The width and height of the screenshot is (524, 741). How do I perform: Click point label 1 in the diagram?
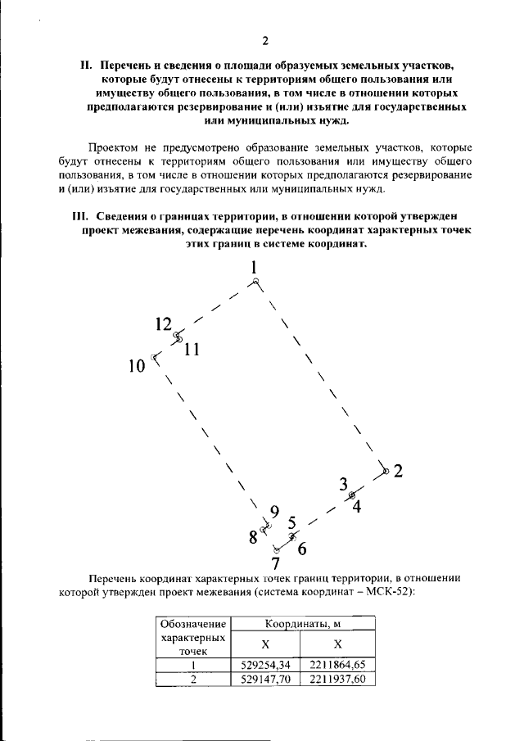click(255, 267)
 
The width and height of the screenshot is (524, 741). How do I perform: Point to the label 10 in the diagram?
click(137, 365)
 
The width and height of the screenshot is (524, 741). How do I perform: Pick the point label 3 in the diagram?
click(344, 483)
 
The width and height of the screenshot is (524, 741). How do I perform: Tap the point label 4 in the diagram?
click(357, 505)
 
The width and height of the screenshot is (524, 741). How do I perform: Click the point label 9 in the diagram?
click(275, 513)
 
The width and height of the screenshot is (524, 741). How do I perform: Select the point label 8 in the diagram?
click(253, 537)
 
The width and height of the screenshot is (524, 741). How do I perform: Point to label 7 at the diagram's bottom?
click(276, 563)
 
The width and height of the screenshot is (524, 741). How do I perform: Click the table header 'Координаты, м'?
click(303, 625)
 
